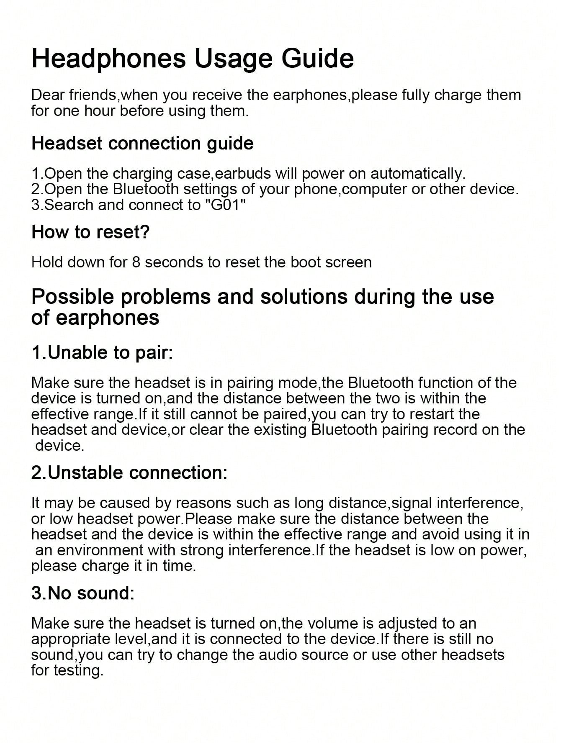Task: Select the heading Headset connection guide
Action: (142, 144)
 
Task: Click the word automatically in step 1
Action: (417, 173)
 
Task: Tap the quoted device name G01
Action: (226, 205)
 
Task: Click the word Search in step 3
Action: (69, 205)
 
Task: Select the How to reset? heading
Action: (90, 232)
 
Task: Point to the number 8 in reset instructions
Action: (136, 262)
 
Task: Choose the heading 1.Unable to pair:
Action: (102, 352)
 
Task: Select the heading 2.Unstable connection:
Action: (129, 472)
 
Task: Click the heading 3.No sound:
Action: (83, 593)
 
